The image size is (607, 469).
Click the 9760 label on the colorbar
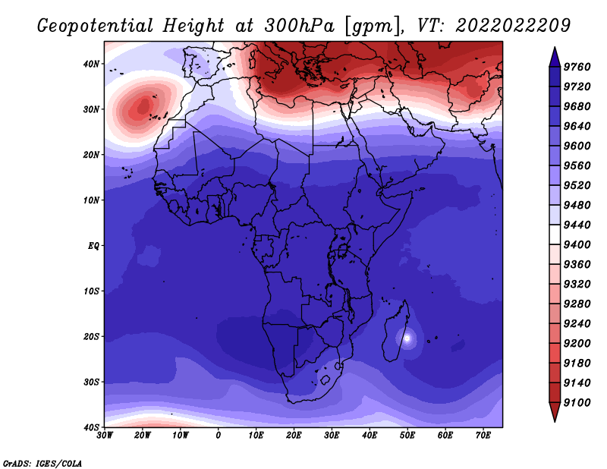coord(577,67)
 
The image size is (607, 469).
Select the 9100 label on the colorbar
coord(577,403)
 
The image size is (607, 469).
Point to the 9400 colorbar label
coord(577,245)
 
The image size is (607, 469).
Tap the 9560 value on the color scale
coord(577,165)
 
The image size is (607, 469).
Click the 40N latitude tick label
coord(91,64)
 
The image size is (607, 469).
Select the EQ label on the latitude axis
coord(93,246)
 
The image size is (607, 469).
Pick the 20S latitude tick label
coord(91,336)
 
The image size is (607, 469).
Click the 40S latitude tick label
coord(91,427)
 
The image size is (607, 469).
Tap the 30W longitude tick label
coord(105,436)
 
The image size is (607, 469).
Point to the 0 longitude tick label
coord(219,436)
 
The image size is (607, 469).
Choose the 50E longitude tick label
coord(407,436)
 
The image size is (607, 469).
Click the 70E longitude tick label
coord(483,436)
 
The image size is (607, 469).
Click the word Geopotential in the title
coord(96,26)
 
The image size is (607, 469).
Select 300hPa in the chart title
coord(299,26)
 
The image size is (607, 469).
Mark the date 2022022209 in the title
coord(513,26)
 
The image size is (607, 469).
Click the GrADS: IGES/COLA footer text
coord(42,463)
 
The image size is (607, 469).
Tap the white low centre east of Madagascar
coord(407,338)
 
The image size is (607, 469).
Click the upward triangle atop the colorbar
coord(555,57)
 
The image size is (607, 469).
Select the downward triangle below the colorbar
coord(555,412)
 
